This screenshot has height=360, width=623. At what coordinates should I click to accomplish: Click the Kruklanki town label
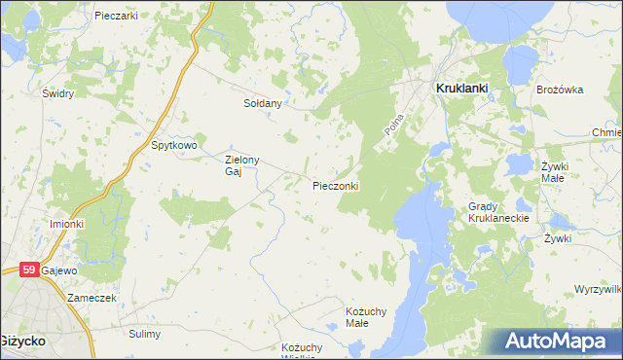(459, 88)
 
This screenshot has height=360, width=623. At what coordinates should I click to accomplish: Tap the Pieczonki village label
(337, 186)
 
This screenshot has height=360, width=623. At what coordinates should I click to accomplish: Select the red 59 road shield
(28, 270)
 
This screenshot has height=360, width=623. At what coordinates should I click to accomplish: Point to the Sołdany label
(262, 103)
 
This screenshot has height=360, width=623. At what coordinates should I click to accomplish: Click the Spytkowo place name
(174, 146)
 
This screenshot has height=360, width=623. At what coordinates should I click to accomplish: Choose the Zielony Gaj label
(241, 166)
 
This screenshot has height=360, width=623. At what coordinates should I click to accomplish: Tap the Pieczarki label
(116, 16)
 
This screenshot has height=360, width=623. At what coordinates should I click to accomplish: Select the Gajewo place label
(60, 270)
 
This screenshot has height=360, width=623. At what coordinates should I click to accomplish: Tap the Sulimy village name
(144, 334)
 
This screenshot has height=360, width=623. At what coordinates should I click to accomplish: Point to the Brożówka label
(560, 90)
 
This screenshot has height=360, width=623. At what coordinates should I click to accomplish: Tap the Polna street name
(393, 126)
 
